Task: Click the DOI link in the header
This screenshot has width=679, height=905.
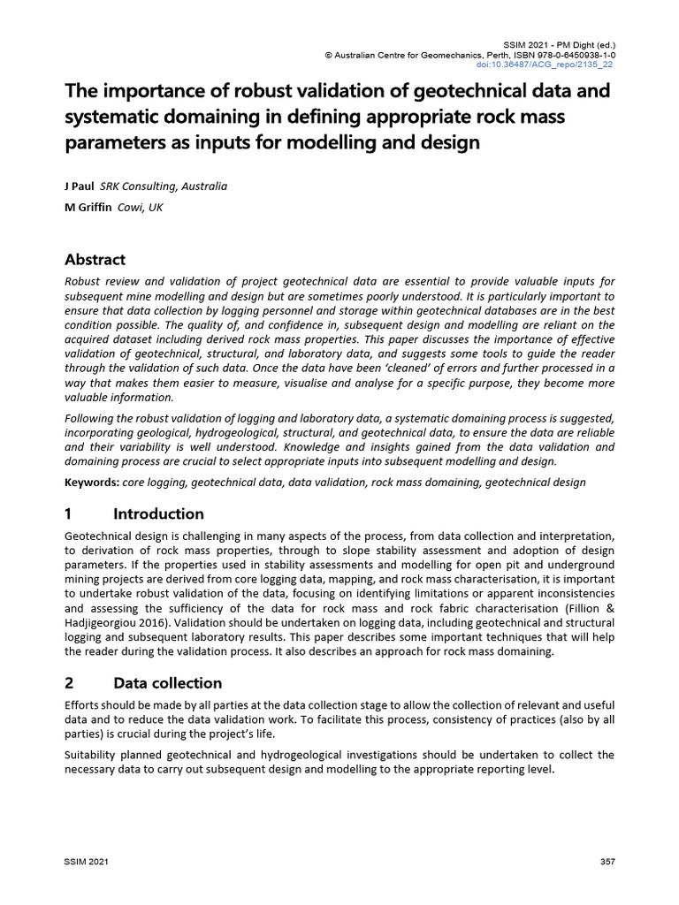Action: [557, 65]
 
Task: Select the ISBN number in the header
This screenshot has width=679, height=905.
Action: [575, 55]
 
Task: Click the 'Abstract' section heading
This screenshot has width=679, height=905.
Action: [95, 259]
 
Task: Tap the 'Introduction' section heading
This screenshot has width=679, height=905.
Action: [158, 513]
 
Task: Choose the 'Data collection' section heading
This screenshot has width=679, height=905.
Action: [167, 683]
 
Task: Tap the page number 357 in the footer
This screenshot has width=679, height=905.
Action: [608, 862]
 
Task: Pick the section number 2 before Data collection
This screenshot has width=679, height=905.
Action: [70, 683]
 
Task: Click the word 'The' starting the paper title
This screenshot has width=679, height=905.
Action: [82, 91]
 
